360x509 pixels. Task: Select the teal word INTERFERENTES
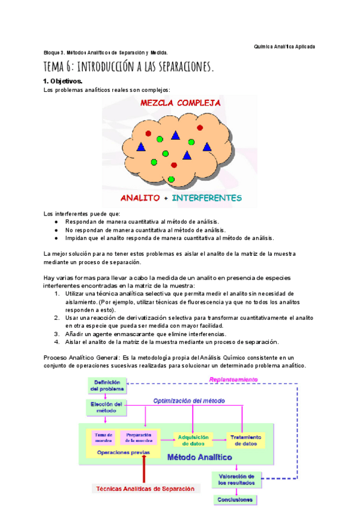207,197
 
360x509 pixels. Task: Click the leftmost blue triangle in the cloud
141,146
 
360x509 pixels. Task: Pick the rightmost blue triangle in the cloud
207,146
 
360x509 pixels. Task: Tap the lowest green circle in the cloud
171,179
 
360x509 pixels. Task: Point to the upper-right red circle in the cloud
199,127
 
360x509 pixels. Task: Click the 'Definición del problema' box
105,385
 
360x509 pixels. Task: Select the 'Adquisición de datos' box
193,440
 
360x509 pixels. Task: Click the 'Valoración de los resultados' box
236,479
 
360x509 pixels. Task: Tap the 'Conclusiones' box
235,499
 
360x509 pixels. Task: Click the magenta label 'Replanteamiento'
233,379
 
